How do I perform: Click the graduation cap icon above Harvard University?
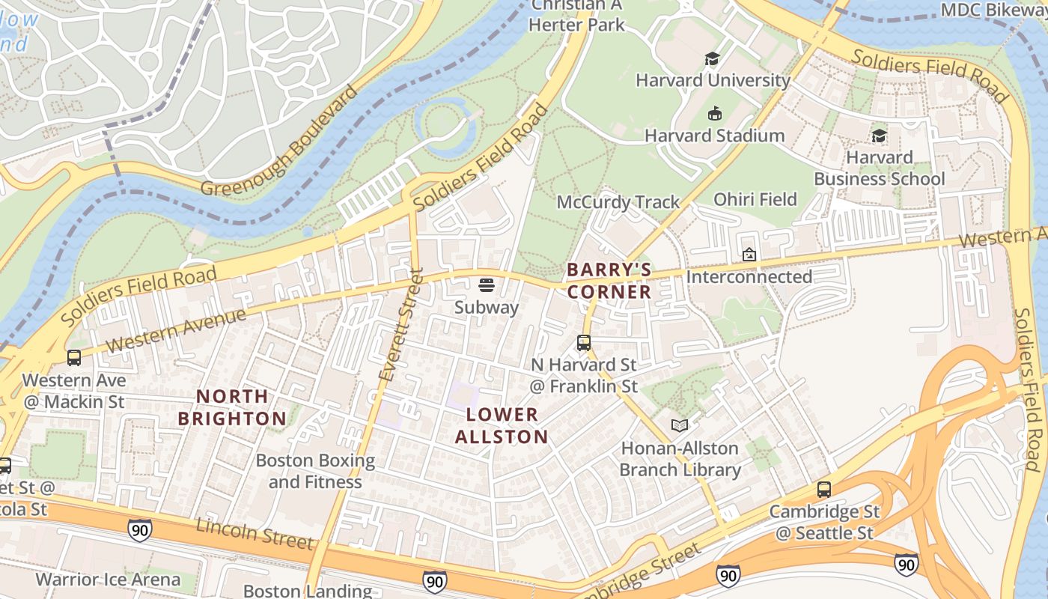[x=712, y=58]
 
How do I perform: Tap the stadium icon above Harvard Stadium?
[x=714, y=114]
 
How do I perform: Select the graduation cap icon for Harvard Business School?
[x=879, y=136]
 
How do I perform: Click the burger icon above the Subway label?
[x=486, y=285]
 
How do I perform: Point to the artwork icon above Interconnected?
[x=749, y=255]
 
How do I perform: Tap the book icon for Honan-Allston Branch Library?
[x=679, y=426]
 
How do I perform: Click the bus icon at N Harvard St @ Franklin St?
[x=584, y=343]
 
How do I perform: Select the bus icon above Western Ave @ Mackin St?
[x=73, y=358]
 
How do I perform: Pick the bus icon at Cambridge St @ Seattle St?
[x=824, y=490]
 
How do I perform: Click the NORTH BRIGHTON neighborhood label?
[x=231, y=407]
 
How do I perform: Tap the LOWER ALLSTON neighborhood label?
[x=502, y=425]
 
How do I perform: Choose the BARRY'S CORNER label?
[x=609, y=281]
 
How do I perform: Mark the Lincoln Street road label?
[x=254, y=532]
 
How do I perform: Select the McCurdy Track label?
[x=618, y=202]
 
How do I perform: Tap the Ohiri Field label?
[x=755, y=199]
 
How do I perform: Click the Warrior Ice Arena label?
[x=108, y=580]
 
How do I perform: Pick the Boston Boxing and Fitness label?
[x=315, y=471]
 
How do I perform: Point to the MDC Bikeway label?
[x=993, y=10]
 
